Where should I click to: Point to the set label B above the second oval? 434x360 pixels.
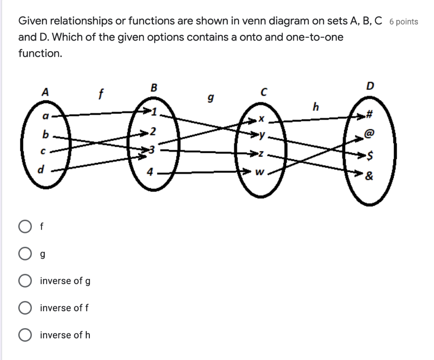[153, 87]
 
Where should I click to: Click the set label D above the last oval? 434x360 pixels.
[370, 87]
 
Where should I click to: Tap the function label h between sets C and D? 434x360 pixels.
[315, 106]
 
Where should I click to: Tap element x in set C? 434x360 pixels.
[262, 120]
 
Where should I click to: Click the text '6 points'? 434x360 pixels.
[403, 22]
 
